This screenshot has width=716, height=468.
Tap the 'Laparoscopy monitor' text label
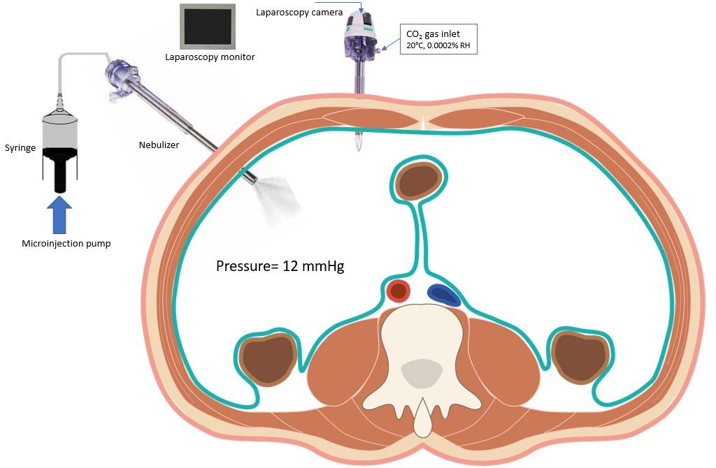tap(210, 57)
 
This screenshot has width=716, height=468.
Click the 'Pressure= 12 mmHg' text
tap(280, 266)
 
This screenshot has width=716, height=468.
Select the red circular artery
tap(399, 291)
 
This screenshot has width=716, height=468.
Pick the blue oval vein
tap(443, 295)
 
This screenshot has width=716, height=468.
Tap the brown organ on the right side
tap(579, 357)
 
